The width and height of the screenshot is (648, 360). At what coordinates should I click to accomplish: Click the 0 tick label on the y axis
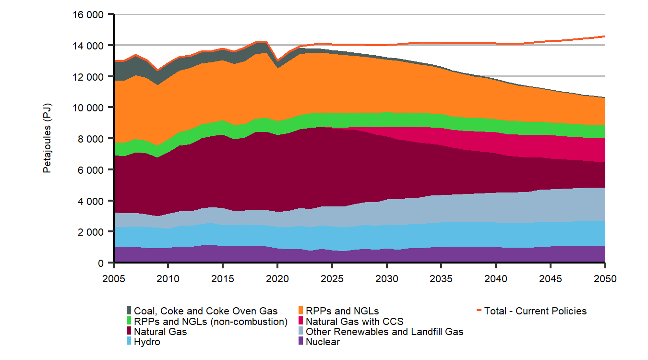pyautogui.click(x=100, y=263)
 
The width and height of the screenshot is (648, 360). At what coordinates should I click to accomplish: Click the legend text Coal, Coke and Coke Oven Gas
pyautogui.click(x=206, y=311)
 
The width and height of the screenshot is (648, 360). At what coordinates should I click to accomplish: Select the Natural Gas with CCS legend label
pyautogui.click(x=355, y=322)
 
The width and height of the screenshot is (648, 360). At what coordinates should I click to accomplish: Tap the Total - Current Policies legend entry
pyautogui.click(x=535, y=311)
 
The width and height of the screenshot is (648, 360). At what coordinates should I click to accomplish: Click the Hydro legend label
pyautogui.click(x=147, y=342)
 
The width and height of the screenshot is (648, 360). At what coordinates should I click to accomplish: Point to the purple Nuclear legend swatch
pyautogui.click(x=301, y=342)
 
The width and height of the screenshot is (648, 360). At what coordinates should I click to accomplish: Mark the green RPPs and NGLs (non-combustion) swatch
pyautogui.click(x=129, y=322)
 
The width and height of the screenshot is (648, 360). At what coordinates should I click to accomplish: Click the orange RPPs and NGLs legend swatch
pyautogui.click(x=301, y=311)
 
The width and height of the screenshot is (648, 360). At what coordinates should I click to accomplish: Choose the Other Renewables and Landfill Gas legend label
pyautogui.click(x=384, y=332)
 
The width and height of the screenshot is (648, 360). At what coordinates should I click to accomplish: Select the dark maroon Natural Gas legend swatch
pyautogui.click(x=129, y=332)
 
